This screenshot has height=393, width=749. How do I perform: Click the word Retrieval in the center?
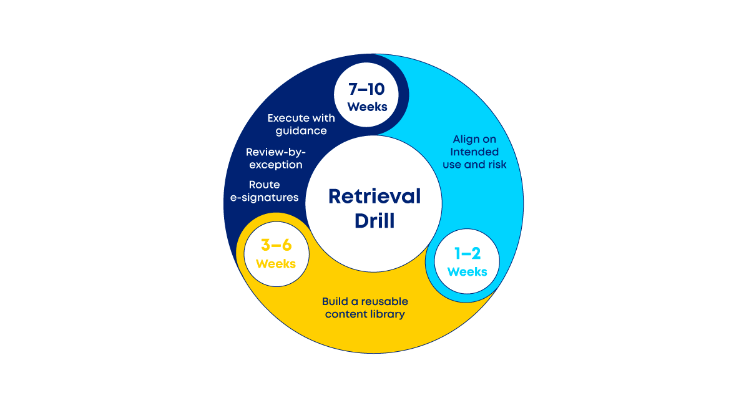pos(374,196)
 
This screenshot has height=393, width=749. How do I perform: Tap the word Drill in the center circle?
pos(374,220)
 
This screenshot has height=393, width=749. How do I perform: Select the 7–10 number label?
pos(367,89)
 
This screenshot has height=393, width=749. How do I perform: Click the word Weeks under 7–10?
pos(367,107)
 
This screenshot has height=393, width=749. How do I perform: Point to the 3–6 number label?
pos(276,245)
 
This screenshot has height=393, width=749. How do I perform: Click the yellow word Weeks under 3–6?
pos(276,263)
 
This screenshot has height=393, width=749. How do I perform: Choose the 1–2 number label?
pos(468,253)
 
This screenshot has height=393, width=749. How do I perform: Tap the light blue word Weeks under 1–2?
pos(468,271)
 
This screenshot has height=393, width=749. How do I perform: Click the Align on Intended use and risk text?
pos(475,152)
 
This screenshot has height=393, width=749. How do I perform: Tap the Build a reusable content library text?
pos(365,308)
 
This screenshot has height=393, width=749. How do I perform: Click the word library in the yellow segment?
pos(386,314)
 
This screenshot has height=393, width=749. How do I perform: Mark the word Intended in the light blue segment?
pos(475,152)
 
